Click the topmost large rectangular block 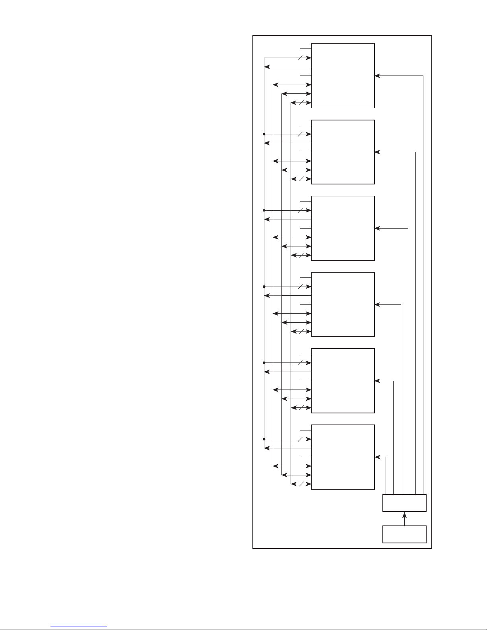point(343,76)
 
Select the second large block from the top point(343,152)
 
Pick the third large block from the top point(343,228)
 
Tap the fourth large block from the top point(343,304)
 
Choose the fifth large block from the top point(343,381)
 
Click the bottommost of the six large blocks point(343,457)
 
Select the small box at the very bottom point(404,534)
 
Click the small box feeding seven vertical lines point(404,503)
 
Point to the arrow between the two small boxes point(404,518)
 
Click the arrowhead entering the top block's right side point(377,76)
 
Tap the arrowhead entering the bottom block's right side point(377,457)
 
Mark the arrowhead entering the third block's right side point(377,228)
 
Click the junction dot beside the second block point(264,134)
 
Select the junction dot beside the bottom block point(264,439)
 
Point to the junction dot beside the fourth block point(264,287)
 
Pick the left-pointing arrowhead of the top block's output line point(266,67)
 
